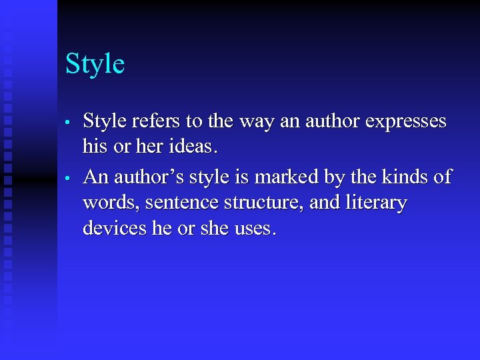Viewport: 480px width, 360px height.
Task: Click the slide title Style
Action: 95,65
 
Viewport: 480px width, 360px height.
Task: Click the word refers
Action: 156,121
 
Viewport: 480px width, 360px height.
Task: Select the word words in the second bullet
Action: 107,203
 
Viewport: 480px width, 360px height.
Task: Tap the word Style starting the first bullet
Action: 103,121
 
